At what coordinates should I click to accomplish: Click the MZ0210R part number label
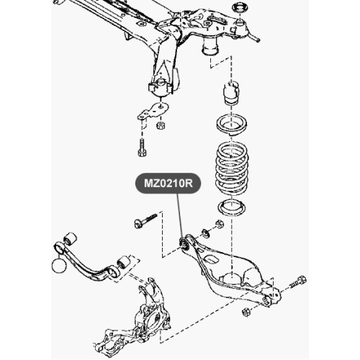point(168,184)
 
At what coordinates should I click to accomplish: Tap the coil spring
point(232,168)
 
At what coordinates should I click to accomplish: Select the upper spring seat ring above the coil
point(232,125)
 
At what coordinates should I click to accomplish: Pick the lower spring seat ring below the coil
point(232,207)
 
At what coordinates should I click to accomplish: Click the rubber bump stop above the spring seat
point(232,93)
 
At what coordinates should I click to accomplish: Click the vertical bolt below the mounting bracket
point(143,148)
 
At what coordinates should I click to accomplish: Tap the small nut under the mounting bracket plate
point(161,125)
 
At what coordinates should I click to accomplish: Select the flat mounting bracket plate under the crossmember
point(153,111)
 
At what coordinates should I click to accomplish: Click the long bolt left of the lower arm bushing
point(145,220)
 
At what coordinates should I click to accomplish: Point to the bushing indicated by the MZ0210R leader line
point(184,243)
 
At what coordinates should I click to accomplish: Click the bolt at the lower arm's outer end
point(298,282)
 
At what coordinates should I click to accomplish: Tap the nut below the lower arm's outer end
point(246,312)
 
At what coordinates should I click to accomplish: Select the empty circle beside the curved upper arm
point(58,266)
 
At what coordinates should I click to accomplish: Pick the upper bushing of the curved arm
point(71,239)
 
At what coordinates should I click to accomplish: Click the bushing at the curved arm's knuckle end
point(123,263)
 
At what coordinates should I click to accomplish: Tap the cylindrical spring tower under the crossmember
point(210,48)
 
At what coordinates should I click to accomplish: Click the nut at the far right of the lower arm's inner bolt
point(220,224)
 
